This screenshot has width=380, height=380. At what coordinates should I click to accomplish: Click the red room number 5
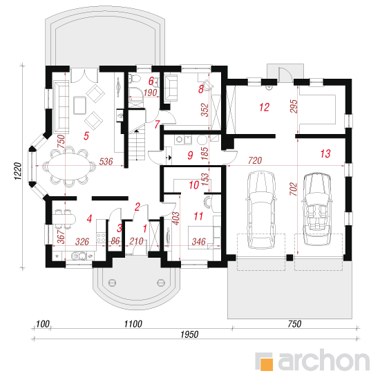(x=86, y=135)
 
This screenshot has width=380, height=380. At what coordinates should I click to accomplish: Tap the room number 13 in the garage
(x=325, y=153)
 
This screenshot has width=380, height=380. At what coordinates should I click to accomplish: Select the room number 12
(x=264, y=107)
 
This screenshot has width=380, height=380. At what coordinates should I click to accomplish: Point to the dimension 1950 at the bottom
(x=189, y=334)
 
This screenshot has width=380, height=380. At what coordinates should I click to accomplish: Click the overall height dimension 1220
(x=18, y=171)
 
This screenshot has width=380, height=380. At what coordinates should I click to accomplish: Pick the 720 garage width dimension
(x=255, y=160)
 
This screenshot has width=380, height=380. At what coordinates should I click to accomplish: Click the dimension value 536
(x=106, y=162)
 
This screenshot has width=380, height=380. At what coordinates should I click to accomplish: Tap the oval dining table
(x=68, y=166)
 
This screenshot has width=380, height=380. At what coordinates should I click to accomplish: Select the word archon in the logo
(x=323, y=361)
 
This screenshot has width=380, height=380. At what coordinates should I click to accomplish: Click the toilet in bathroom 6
(x=135, y=79)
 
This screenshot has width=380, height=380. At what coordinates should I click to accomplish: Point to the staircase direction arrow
(x=137, y=131)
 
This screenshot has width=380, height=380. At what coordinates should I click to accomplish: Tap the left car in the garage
(x=261, y=209)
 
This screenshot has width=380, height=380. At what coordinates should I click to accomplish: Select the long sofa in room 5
(x=61, y=107)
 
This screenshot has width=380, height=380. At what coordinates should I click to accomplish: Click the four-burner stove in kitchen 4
(x=101, y=238)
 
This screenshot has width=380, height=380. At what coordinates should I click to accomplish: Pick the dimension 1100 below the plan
(x=133, y=324)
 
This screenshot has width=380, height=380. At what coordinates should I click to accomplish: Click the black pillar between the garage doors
(x=289, y=258)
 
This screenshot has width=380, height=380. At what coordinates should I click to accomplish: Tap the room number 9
(x=191, y=155)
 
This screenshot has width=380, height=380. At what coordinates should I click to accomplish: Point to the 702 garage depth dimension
(x=293, y=189)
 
